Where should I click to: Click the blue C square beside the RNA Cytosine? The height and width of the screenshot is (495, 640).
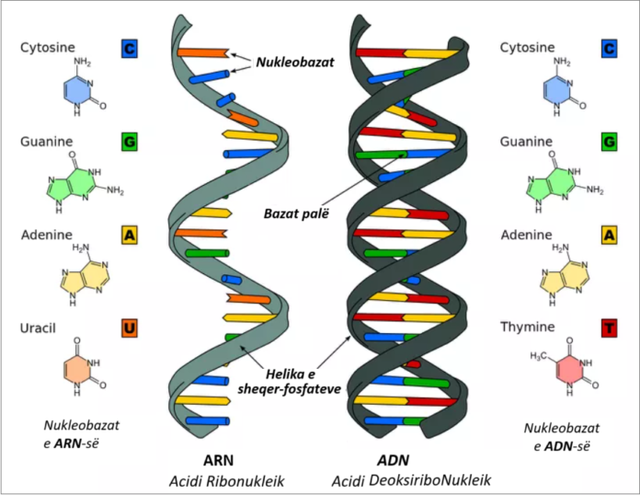(129, 49)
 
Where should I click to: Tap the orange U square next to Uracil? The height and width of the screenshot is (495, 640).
(129, 328)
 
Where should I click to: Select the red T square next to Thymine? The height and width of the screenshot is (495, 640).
(609, 328)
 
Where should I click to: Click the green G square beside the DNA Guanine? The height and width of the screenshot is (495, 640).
(609, 142)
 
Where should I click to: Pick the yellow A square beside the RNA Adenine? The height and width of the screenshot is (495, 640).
(129, 235)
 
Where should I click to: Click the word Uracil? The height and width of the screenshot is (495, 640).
(38, 328)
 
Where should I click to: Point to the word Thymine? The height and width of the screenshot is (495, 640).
(527, 328)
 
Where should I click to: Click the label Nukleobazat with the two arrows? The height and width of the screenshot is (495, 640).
(294, 62)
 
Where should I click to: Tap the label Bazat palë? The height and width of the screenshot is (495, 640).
(296, 213)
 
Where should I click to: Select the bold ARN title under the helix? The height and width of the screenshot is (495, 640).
(219, 460)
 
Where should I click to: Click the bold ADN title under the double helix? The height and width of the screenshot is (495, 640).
(393, 460)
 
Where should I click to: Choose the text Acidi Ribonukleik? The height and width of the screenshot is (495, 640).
(226, 481)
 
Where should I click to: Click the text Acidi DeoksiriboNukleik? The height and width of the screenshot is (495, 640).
(411, 480)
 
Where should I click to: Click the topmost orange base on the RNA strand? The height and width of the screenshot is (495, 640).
(203, 52)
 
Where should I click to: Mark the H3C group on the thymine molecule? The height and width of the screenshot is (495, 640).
(538, 356)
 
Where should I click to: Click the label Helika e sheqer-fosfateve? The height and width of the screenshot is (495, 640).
(289, 382)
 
